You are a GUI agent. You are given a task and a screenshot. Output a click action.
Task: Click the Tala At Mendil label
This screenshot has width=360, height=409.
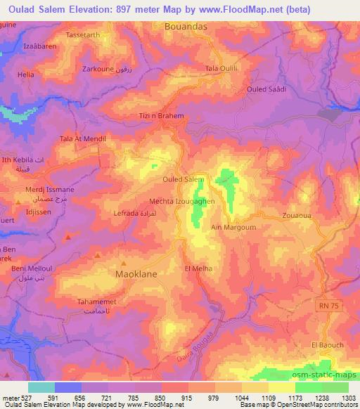tap(82, 139)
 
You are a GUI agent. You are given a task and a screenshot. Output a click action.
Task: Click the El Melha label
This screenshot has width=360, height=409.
tap(198, 268)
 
